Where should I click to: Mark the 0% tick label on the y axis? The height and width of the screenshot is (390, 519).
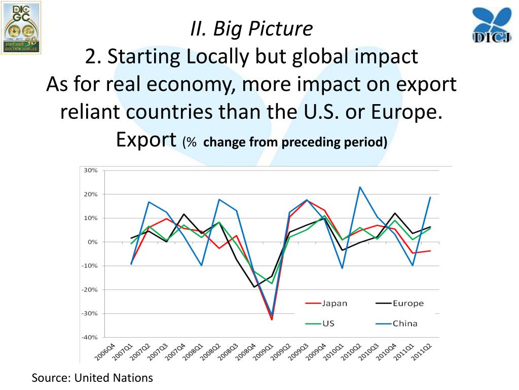point(92,242)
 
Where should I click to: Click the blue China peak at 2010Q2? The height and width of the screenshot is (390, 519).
point(360,187)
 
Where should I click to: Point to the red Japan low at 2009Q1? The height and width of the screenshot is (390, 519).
point(272,319)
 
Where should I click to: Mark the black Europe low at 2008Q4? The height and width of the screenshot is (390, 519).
point(254,287)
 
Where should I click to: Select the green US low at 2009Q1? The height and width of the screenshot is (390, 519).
point(272,283)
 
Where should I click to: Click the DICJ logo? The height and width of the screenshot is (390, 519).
point(491,25)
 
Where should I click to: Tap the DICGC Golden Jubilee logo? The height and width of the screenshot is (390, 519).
point(21,27)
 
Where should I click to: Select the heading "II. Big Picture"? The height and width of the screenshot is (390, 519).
point(251,29)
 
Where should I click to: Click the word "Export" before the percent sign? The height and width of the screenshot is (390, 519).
point(146,139)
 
